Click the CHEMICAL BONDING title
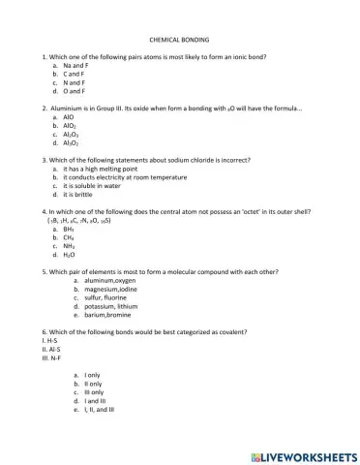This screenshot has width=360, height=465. (x=180, y=42)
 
